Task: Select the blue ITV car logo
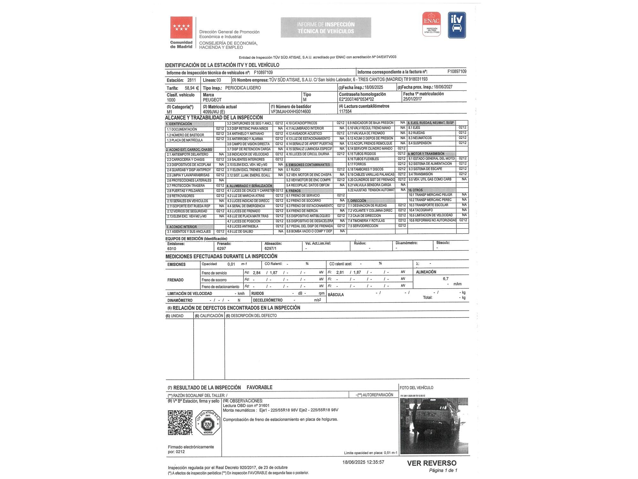pos(457,25)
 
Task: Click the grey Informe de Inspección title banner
pos(326,28)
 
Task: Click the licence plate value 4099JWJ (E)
pos(214,112)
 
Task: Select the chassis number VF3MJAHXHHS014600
pos(291,112)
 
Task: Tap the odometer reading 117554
pos(345,111)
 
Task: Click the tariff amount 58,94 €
pos(192,88)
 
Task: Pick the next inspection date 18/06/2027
pos(443,87)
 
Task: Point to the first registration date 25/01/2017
pos(412,99)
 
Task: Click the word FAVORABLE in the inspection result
pos(259,387)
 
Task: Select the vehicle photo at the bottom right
pos(434,426)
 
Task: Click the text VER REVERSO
pos(432,463)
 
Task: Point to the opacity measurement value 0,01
pos(231,264)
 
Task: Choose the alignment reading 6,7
pos(446,279)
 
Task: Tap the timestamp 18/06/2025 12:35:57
pos(363,462)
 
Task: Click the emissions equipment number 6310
pos(172,248)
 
